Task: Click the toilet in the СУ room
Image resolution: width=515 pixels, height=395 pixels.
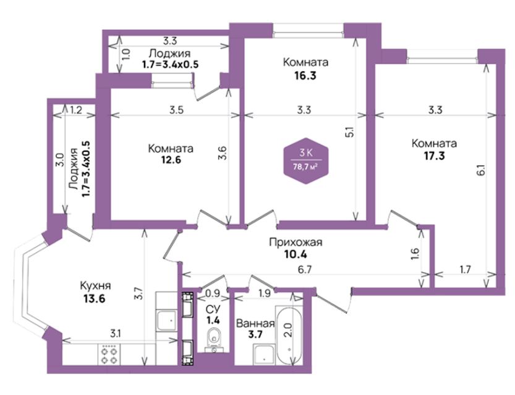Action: click(x=214, y=340)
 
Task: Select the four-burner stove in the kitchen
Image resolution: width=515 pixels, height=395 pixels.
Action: click(x=109, y=355)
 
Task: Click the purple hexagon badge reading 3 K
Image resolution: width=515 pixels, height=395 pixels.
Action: click(x=306, y=160)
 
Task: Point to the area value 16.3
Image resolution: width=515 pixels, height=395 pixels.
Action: click(x=305, y=76)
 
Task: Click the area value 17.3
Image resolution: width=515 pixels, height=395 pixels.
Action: click(x=434, y=156)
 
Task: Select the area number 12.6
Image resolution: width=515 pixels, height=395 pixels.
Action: click(x=171, y=160)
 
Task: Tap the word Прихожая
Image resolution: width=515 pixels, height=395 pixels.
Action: click(x=296, y=242)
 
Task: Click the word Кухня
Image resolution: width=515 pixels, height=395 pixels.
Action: click(x=95, y=286)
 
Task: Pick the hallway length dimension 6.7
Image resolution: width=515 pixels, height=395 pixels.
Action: click(x=304, y=270)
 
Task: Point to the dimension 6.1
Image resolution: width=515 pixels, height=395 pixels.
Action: click(x=480, y=170)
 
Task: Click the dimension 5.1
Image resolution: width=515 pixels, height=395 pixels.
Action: click(x=351, y=131)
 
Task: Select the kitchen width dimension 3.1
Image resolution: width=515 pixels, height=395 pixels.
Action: click(x=115, y=334)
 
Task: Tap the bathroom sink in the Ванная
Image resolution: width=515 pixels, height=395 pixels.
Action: click(x=264, y=354)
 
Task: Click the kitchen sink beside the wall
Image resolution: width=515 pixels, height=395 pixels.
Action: click(x=166, y=320)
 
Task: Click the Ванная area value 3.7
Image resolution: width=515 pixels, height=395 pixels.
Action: click(x=255, y=335)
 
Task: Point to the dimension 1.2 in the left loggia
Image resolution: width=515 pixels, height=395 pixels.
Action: click(x=76, y=110)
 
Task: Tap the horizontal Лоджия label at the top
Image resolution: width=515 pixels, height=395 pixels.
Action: click(x=169, y=53)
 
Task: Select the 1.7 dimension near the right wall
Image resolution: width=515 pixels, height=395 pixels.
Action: click(x=466, y=270)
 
